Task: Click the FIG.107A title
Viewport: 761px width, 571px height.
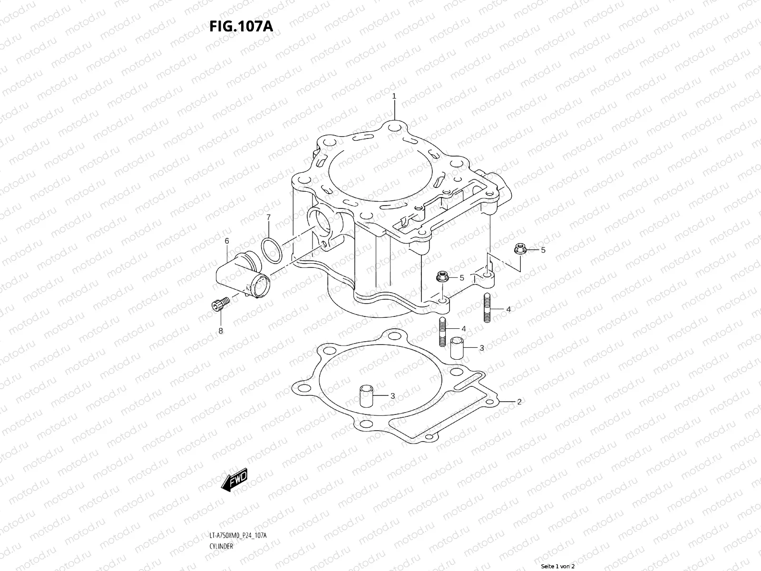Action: (241, 26)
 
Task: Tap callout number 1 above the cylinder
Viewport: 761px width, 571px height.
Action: (394, 96)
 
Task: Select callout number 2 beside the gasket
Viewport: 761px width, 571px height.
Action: (519, 402)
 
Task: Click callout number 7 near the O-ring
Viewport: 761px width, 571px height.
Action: (268, 217)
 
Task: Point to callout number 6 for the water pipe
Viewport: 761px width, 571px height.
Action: (227, 241)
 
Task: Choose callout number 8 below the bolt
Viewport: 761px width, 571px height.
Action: (221, 330)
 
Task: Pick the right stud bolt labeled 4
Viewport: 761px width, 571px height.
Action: (487, 308)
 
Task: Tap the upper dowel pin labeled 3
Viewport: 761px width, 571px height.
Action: (457, 348)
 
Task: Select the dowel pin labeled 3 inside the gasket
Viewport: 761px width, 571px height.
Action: (365, 395)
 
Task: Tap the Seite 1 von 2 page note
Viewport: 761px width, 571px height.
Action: (558, 566)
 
